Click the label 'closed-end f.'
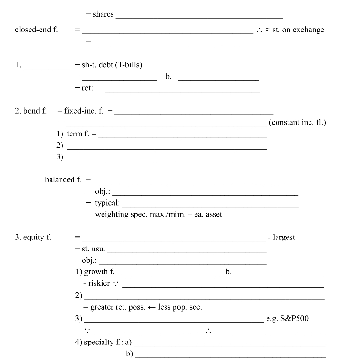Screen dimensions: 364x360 pos(36,30)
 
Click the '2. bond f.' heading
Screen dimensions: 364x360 pos(31,111)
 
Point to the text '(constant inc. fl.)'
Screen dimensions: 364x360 pos(298,122)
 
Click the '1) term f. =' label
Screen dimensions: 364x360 pos(76,134)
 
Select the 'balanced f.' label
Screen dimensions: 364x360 pos(63,179)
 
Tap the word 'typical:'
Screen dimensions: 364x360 pos(107,203)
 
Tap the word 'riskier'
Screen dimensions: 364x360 pos(99,283)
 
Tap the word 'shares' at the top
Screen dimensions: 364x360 pos(103,14)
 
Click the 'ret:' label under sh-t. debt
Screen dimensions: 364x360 pos(87,88)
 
